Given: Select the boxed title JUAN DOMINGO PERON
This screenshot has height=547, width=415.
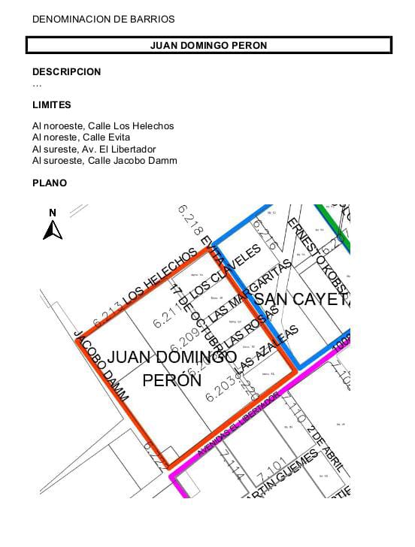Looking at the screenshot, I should tap(208, 45).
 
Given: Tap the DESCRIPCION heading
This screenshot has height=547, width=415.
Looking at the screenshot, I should tap(66, 72).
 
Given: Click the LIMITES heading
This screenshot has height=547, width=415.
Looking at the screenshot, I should tap(52, 105).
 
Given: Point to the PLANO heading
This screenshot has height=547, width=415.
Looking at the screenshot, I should tap(50, 183).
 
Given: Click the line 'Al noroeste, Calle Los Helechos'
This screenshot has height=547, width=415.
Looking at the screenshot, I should tap(103, 126).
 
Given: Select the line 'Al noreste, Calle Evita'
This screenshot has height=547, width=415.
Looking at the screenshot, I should tap(81, 138).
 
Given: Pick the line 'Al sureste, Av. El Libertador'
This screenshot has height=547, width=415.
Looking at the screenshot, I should tap(94, 149).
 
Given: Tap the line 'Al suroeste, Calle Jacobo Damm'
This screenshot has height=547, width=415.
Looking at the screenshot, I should tap(105, 160).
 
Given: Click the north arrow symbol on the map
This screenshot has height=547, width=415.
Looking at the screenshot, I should tap(52, 225).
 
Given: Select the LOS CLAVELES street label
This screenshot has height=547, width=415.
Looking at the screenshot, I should tap(225, 272).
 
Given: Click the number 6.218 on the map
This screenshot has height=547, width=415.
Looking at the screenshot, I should tap(189, 217).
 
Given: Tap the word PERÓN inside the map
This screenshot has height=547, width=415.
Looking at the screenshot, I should tap(172, 380).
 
